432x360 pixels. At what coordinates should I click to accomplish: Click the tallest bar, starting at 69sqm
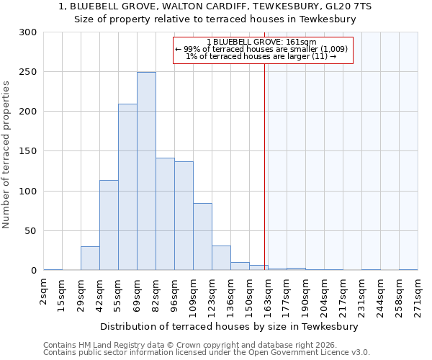click(146, 171)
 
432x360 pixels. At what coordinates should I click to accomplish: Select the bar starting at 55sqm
click(127, 187)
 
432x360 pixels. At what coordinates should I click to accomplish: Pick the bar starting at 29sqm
click(90, 258)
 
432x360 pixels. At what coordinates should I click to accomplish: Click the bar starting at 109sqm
click(202, 237)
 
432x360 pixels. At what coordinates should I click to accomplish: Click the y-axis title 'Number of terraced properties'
click(6, 154)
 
